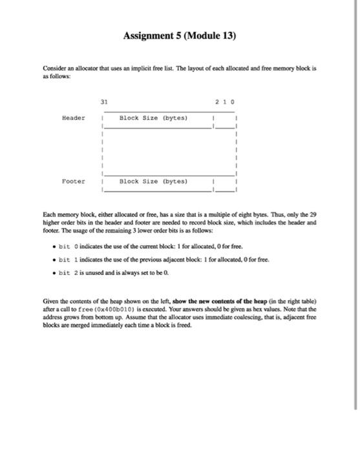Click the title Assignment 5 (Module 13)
coord(180,36)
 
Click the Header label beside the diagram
coord(73,118)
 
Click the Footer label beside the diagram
coord(73,181)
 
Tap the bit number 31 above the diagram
coord(105,101)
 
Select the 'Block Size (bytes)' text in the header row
coord(153,118)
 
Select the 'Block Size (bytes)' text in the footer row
coord(153,181)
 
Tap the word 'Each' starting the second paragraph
coord(50,213)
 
